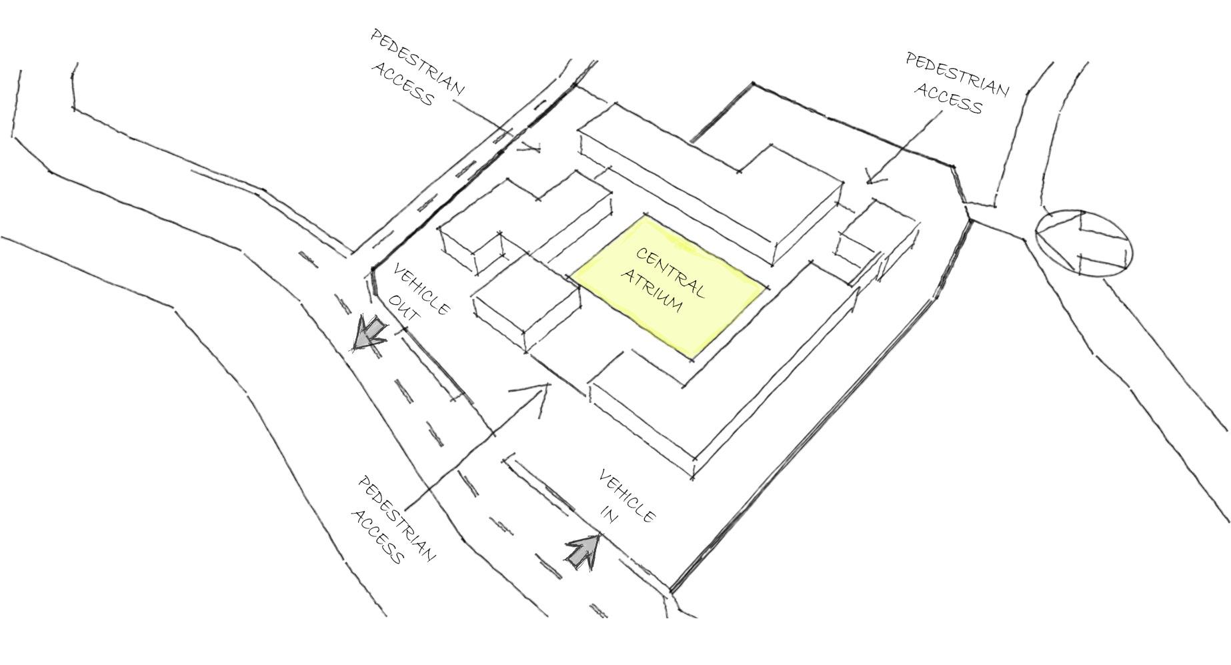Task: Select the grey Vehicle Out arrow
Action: (x=369, y=333)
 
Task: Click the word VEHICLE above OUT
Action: (x=422, y=289)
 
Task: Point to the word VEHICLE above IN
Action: (x=628, y=496)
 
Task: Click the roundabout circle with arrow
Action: (x=1084, y=243)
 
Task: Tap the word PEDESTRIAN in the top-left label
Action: (x=417, y=62)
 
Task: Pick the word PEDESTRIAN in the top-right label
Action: (x=957, y=75)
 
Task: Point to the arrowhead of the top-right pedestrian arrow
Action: (x=870, y=179)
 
